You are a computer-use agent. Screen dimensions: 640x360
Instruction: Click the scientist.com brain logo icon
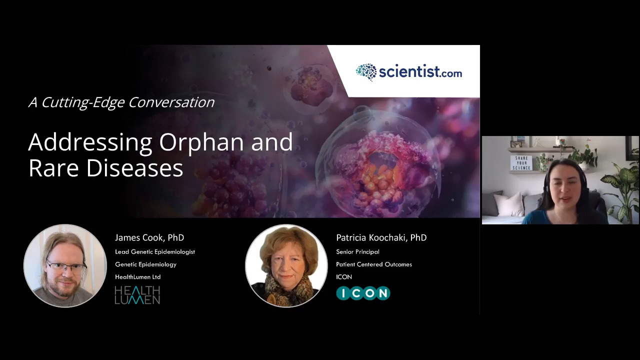click(366, 72)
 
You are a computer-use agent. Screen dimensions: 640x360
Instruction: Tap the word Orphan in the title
click(201, 142)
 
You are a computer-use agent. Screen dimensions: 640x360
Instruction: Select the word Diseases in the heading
click(134, 167)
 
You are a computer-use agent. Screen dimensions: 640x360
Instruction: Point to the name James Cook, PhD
click(149, 237)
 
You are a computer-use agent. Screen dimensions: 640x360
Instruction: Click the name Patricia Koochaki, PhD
click(381, 237)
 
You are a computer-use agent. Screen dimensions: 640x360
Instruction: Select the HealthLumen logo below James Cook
click(137, 295)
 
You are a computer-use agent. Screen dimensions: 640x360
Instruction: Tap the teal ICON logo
click(363, 293)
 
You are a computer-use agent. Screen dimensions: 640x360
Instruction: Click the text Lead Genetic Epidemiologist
click(155, 251)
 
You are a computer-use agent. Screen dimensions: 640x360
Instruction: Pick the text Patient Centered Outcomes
click(374, 264)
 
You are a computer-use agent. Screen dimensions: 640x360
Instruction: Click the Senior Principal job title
click(357, 251)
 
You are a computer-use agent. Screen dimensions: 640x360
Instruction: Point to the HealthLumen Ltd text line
click(137, 276)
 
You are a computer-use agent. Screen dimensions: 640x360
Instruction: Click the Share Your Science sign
click(521, 163)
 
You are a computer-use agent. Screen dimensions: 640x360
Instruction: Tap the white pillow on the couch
click(509, 204)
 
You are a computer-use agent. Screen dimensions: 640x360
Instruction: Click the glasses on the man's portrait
click(67, 267)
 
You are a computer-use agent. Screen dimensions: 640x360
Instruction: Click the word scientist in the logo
click(409, 71)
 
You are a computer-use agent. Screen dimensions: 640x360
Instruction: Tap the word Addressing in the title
click(90, 142)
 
